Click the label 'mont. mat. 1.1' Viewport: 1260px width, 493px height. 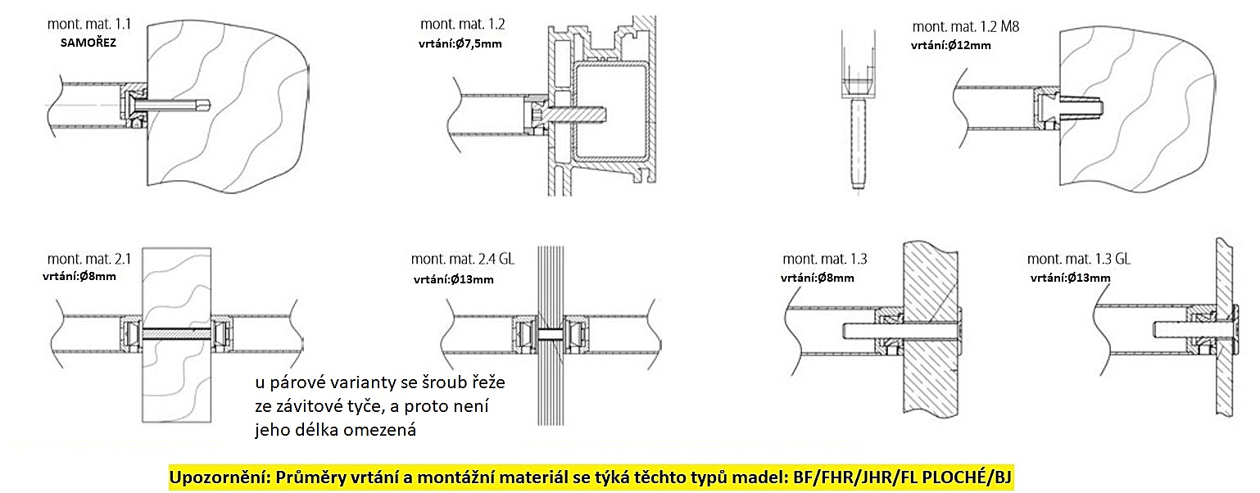88,25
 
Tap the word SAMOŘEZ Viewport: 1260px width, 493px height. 88,43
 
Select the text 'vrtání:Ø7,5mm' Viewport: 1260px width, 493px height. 460,44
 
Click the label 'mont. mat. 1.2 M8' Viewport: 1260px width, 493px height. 965,26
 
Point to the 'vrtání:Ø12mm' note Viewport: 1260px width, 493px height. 950,46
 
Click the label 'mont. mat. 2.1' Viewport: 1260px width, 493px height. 88,259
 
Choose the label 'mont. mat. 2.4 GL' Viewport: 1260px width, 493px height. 462,259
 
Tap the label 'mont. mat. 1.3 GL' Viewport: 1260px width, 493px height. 1078,259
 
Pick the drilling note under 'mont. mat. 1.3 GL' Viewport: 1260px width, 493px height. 1071,278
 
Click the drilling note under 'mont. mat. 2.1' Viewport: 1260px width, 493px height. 79,277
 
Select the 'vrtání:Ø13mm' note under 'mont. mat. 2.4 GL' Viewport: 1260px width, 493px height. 453,279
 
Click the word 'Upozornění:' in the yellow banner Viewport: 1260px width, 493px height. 220,477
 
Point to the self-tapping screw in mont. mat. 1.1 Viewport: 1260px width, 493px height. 168,105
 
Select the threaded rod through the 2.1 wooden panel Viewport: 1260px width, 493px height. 177,334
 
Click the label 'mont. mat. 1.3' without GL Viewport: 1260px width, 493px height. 825,259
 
